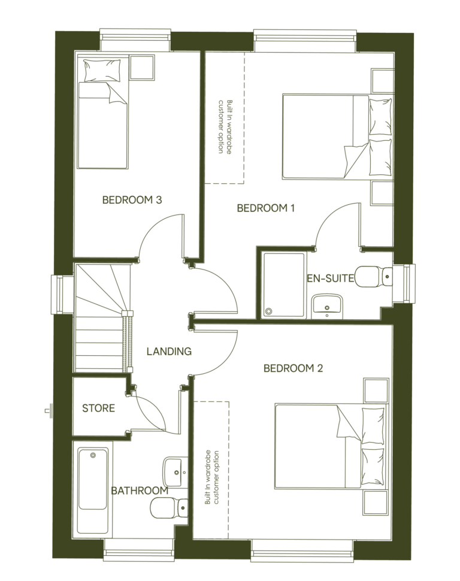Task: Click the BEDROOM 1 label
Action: [266, 208]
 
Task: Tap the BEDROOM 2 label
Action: [293, 368]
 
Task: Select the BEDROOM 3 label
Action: [132, 200]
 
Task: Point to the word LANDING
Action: [169, 352]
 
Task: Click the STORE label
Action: [98, 408]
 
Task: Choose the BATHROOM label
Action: [139, 491]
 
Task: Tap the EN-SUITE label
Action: [331, 278]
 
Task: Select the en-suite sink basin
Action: [326, 305]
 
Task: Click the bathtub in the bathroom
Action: [93, 491]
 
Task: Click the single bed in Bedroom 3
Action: [103, 120]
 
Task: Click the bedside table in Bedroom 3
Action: [143, 67]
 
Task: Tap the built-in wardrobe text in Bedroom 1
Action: [225, 126]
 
